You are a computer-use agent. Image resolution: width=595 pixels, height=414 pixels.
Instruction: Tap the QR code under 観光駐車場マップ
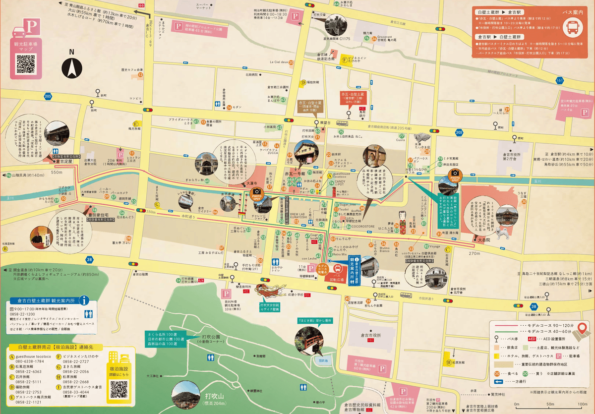[26, 64]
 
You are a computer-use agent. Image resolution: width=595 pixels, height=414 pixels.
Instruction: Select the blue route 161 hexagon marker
[559, 80]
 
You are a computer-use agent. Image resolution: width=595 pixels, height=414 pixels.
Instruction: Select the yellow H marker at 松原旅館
[448, 362]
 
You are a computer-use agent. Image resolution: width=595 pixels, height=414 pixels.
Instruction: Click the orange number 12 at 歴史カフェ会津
[141, 75]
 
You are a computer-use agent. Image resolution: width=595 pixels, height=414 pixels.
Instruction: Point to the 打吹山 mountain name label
[215, 396]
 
